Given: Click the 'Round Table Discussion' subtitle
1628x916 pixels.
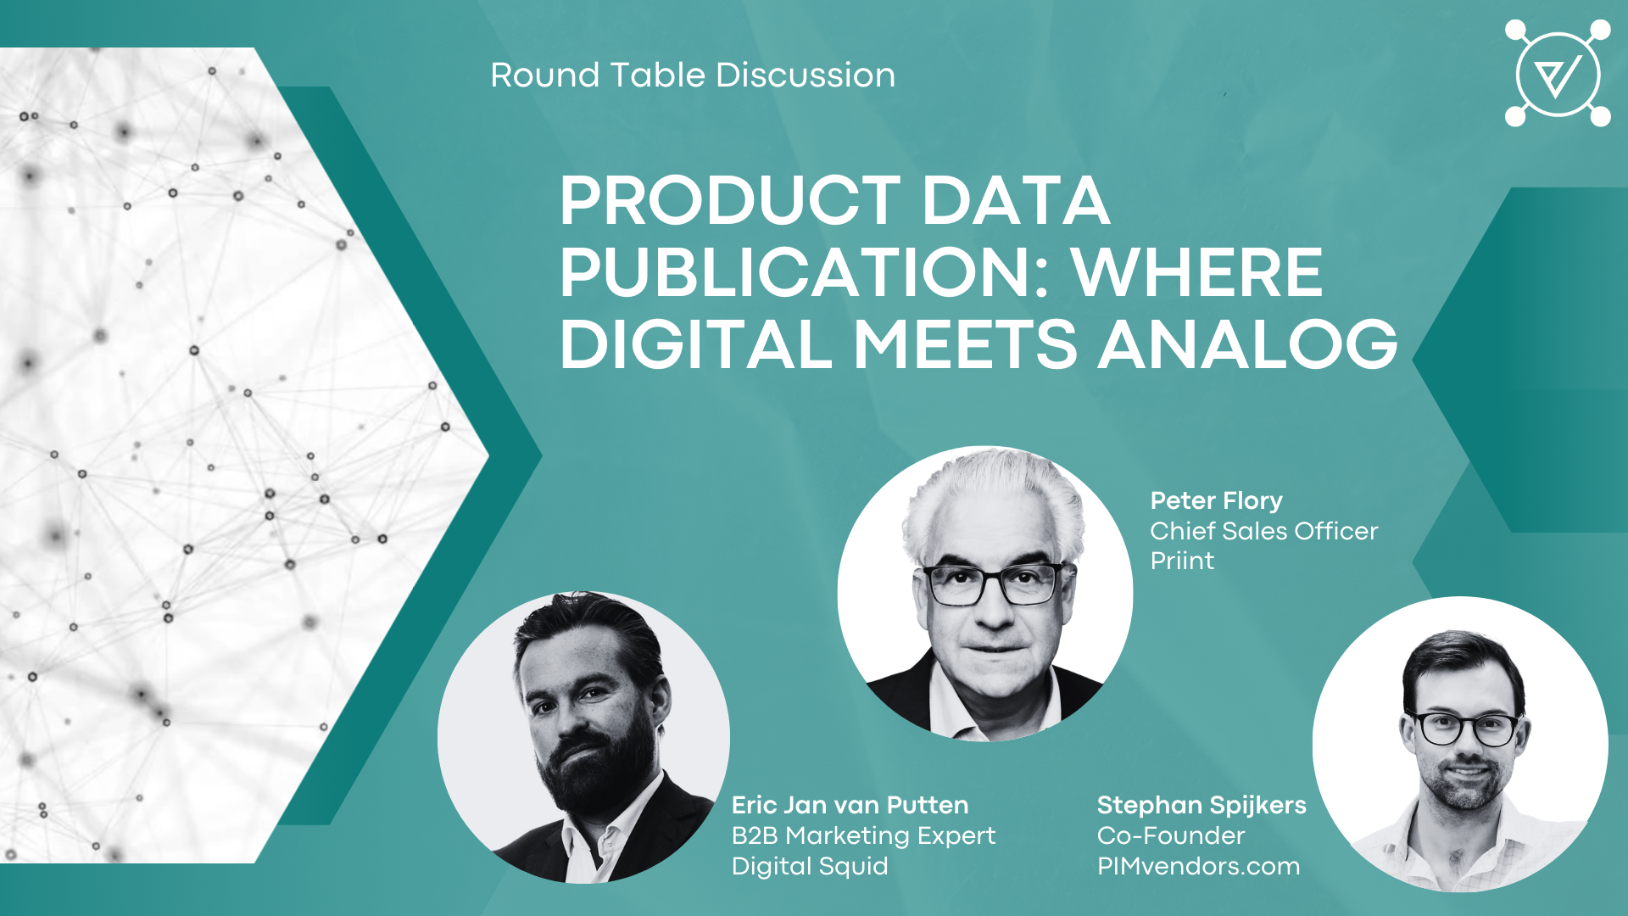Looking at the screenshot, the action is click(693, 75).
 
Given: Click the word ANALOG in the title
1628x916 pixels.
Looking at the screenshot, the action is click(1247, 344).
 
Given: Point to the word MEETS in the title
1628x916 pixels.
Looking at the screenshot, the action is click(965, 344).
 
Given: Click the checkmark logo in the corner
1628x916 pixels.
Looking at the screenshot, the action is click(1558, 74).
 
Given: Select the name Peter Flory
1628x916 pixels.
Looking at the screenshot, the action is click(1216, 501).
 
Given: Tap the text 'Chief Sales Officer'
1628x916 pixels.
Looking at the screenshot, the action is click(1263, 531).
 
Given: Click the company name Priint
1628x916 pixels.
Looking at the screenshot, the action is click(1182, 561).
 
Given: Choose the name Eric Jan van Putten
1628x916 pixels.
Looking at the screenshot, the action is click(850, 805).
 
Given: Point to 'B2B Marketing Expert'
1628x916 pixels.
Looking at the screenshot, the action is click(863, 835).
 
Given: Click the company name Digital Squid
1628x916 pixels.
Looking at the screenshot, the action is click(810, 866).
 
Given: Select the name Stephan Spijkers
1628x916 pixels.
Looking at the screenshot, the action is click(1201, 805).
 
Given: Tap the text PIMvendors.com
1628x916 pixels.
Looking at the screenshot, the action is click(1198, 866).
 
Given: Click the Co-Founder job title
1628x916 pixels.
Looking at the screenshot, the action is click(1170, 835).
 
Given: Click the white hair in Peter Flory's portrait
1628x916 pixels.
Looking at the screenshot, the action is click(992, 500).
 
